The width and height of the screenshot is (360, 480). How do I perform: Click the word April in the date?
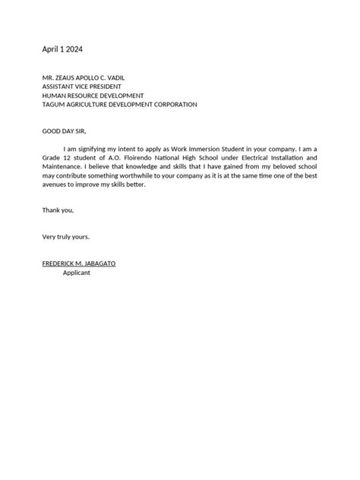click(x=51, y=49)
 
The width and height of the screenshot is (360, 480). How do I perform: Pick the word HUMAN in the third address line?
click(x=54, y=96)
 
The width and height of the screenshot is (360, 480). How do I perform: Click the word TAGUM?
click(x=53, y=105)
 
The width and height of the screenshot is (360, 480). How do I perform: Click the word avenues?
click(x=56, y=185)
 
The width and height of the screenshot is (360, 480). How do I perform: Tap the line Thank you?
click(x=58, y=210)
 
